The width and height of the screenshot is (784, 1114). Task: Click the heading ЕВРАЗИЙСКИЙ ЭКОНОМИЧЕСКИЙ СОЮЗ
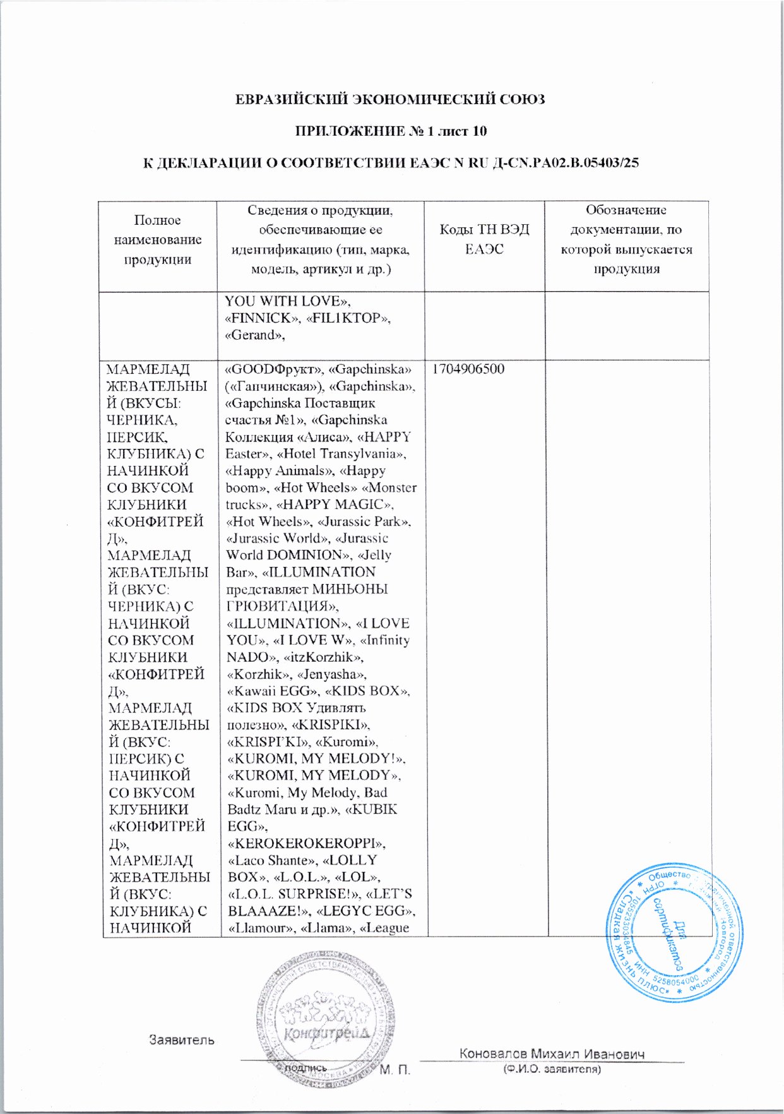[389, 100]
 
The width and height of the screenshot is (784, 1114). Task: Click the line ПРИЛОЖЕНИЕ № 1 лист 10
[391, 131]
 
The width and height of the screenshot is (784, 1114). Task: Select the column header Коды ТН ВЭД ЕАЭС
[484, 239]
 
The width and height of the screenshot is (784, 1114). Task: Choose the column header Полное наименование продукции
[158, 239]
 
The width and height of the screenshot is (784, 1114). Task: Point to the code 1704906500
[468, 369]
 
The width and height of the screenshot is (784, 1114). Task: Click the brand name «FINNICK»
[262, 318]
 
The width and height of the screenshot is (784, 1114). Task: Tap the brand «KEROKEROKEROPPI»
[306, 844]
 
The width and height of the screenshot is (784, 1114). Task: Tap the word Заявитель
[181, 1039]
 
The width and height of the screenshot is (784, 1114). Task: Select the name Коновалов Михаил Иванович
[552, 1054]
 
